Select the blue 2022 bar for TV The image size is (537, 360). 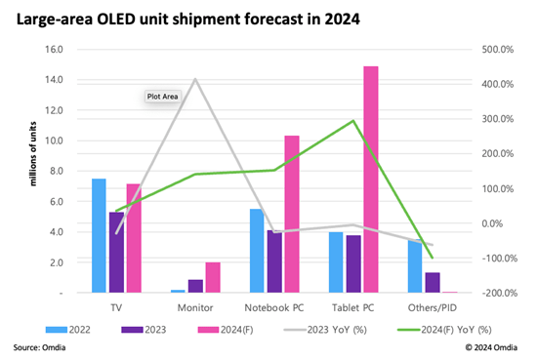click(99, 235)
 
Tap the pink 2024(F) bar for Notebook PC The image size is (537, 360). click(291, 214)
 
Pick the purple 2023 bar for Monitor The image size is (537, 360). click(196, 286)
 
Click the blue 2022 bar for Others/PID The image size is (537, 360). click(415, 266)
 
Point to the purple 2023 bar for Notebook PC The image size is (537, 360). click(274, 261)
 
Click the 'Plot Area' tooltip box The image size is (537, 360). click(161, 97)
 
